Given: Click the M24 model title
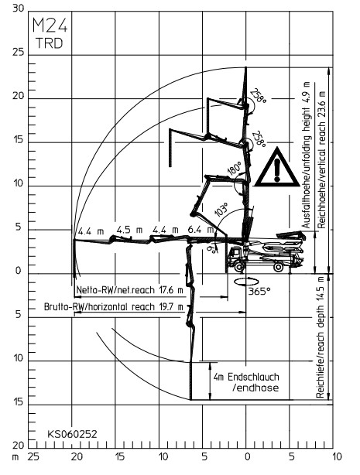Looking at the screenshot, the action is click(50, 26).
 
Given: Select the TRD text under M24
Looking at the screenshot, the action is click(50, 43).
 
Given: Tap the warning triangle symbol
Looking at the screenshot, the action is click(277, 167).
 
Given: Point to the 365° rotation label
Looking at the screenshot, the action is click(259, 292).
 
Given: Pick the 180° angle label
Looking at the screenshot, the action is click(235, 169).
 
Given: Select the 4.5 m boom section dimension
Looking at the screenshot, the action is click(129, 230).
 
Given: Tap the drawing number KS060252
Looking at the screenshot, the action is click(72, 434).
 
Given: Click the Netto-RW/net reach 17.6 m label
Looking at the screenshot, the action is click(130, 290).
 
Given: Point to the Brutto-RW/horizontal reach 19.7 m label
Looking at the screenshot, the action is click(114, 306).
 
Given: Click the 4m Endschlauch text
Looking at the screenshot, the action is click(246, 378).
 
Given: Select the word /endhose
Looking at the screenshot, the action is click(255, 388).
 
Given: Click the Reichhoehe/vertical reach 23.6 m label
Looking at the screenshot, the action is click(321, 159).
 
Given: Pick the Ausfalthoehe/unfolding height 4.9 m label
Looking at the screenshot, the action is click(307, 155).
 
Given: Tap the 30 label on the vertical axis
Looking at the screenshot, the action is click(18, 9).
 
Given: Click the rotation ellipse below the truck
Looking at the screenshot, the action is click(246, 282).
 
